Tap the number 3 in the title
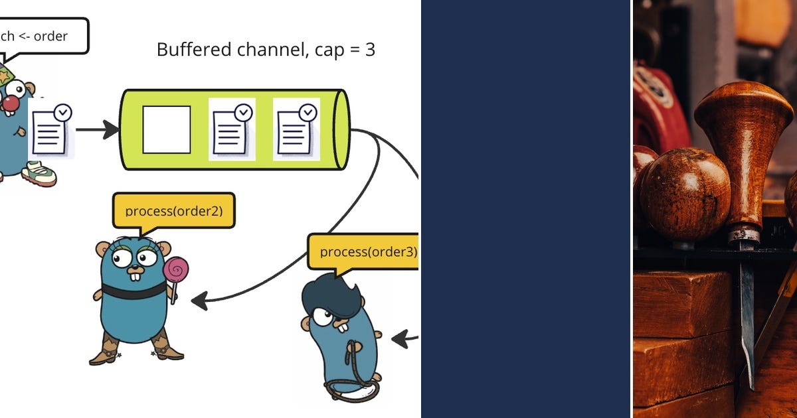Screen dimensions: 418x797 (370, 49)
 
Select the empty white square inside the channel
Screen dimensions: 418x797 (167, 129)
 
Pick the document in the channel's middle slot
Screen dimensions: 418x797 (232, 129)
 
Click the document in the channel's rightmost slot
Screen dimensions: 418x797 (296, 129)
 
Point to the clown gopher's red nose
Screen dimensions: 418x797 (10, 103)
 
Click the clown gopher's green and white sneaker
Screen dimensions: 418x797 (39, 174)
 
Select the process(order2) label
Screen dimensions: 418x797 (173, 211)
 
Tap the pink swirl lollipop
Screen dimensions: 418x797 (176, 271)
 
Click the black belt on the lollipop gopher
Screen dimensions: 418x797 (133, 291)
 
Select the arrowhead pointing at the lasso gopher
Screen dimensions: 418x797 (398, 339)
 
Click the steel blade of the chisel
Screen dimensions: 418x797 (747, 312)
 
